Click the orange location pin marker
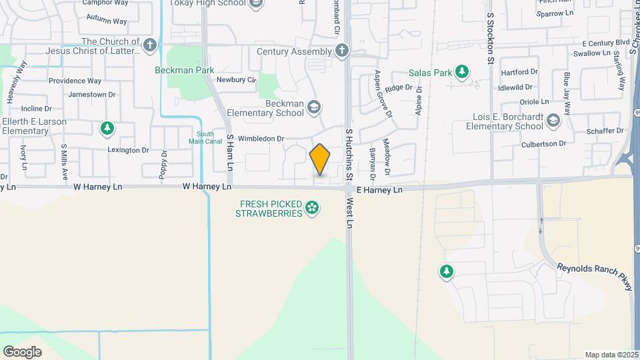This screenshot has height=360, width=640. click(320, 159)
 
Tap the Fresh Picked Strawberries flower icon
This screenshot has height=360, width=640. click(311, 209)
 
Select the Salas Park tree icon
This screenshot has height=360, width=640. click(461, 71)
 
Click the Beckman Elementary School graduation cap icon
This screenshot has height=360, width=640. click(314, 108)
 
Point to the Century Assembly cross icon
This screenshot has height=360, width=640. click(342, 51)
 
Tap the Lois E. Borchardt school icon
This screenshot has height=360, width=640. click(553, 121)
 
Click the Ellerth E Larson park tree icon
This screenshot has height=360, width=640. click(107, 127)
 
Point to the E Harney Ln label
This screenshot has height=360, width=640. click(379, 190)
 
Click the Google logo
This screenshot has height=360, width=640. click(22, 351)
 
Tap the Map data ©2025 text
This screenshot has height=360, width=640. click(610, 355)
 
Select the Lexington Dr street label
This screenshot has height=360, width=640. click(129, 151)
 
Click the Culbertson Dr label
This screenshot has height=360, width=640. click(543, 143)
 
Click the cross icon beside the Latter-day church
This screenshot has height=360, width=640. click(150, 45)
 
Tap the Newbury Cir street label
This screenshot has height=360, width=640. click(237, 79)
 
